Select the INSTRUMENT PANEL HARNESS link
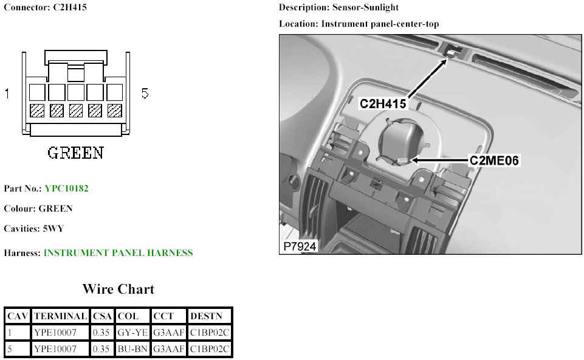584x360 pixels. pyautogui.click(x=118, y=253)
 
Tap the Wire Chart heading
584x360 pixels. pyautogui.click(x=119, y=289)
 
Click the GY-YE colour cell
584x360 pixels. pyautogui.click(x=132, y=333)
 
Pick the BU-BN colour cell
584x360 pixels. pyautogui.click(x=132, y=348)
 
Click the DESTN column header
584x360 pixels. pyautogui.click(x=202, y=316)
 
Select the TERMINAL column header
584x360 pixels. pyautogui.click(x=61, y=316)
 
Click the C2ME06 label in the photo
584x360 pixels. pyautogui.click(x=495, y=161)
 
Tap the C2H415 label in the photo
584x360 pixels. pyautogui.click(x=383, y=104)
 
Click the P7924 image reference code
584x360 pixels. pyautogui.click(x=299, y=247)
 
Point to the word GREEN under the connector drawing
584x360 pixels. pyautogui.click(x=75, y=152)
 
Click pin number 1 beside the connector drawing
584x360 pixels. pyautogui.click(x=8, y=94)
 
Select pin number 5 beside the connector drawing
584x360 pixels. pyautogui.click(x=145, y=94)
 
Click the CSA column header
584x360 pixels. pyautogui.click(x=101, y=316)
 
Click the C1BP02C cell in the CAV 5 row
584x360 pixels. pyautogui.click(x=210, y=348)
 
